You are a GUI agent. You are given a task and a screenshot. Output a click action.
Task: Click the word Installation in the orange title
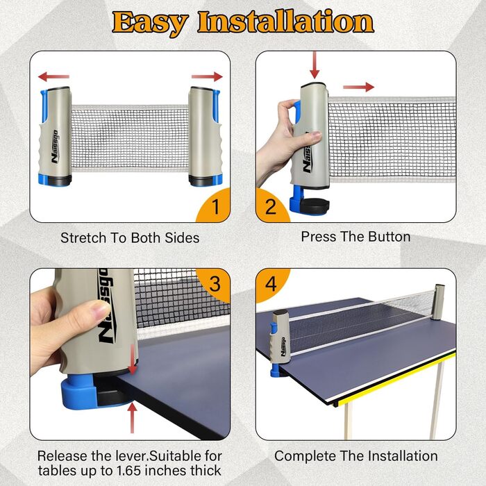[x=286, y=22]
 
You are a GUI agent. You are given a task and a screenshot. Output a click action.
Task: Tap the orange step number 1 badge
[x=214, y=206]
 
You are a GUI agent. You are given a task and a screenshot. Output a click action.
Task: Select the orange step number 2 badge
[x=272, y=206]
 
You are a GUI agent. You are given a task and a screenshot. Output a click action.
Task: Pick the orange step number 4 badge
[x=271, y=284]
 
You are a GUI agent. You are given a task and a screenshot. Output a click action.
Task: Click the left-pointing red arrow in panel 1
[x=53, y=76]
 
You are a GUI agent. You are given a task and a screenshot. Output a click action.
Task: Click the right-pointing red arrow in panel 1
[x=207, y=76]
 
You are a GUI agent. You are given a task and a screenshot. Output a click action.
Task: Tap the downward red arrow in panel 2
[x=315, y=65]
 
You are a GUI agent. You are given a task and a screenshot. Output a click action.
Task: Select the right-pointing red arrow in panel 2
[x=359, y=87]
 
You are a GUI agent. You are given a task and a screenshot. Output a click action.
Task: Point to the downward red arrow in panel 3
[x=133, y=360]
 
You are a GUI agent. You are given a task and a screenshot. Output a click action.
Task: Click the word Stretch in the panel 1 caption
[x=83, y=238]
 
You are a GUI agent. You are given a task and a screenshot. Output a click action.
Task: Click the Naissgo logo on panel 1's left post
[x=55, y=146]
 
